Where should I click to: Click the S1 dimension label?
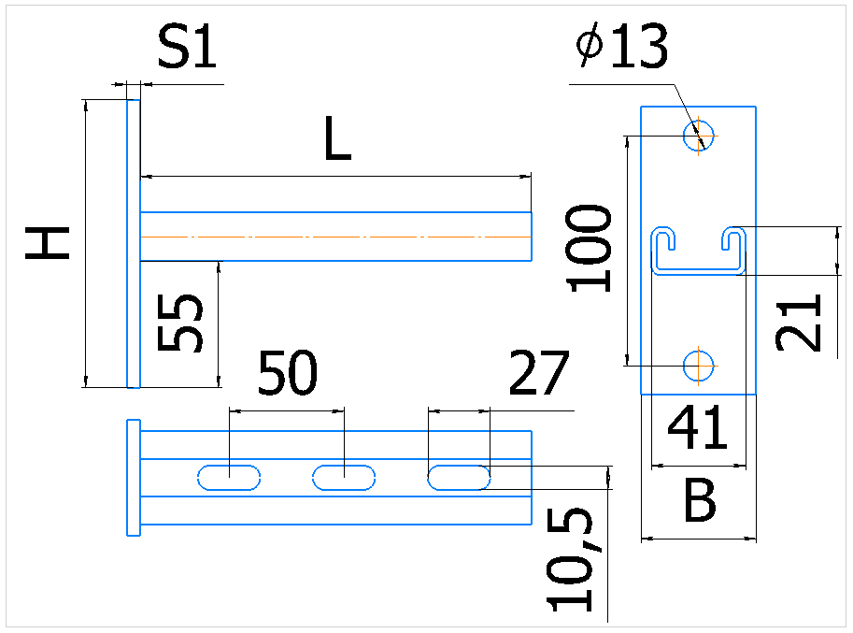pyautogui.click(x=187, y=47)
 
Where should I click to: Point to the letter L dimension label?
pyautogui.click(x=337, y=138)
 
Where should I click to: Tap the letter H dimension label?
pyautogui.click(x=48, y=243)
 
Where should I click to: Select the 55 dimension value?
pyautogui.click(x=179, y=323)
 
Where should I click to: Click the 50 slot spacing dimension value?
pyautogui.click(x=287, y=373)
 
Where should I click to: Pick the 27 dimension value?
pyautogui.click(x=538, y=373)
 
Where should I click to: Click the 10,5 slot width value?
pyautogui.click(x=570, y=560)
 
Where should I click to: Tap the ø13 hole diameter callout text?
pyautogui.click(x=622, y=46)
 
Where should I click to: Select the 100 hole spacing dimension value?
pyautogui.click(x=589, y=248)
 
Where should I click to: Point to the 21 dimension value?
pyautogui.click(x=798, y=323)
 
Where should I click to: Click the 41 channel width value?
pyautogui.click(x=697, y=428)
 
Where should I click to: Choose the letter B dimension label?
pyautogui.click(x=700, y=500)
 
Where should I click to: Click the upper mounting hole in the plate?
pyautogui.click(x=699, y=136)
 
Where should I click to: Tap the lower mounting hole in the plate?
pyautogui.click(x=699, y=366)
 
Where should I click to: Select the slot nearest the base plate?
pyautogui.click(x=229, y=478)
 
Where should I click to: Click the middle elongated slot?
pyautogui.click(x=344, y=478)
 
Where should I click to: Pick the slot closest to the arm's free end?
pyautogui.click(x=459, y=478)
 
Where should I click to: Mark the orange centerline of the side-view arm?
pyautogui.click(x=335, y=237)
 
